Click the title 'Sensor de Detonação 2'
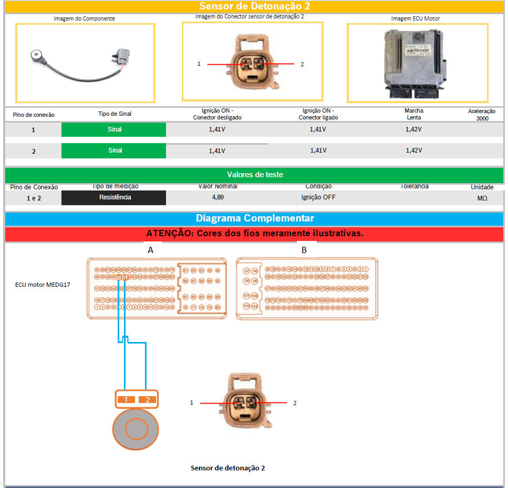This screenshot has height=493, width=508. pos(254,6)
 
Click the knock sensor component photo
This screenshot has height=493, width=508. pos(85,63)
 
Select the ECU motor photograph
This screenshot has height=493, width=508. pos(417,63)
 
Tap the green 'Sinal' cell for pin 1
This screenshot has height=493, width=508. pos(114,129)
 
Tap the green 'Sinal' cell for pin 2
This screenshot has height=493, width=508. pos(114,150)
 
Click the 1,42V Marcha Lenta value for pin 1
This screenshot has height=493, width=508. pos(413,129)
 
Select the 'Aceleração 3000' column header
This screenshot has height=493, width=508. pos(481,115)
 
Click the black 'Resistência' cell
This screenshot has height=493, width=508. pos(114,197)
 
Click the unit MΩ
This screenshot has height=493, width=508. pos(482,198)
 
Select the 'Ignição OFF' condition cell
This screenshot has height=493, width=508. pos(318,197)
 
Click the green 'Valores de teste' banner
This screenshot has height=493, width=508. pos(254,175)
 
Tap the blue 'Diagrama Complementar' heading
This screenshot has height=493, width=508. pos(254,218)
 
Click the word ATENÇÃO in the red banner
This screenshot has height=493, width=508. pos(170,234)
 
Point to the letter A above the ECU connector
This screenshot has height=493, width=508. pos(150,250)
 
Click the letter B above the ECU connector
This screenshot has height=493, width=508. pos(304,250)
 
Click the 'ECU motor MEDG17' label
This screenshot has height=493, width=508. pos(43,285)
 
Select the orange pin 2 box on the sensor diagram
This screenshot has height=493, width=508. pos(148,400)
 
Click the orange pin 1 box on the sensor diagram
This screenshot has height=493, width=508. pos(126,400)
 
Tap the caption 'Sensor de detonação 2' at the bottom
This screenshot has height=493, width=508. pos(227,468)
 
